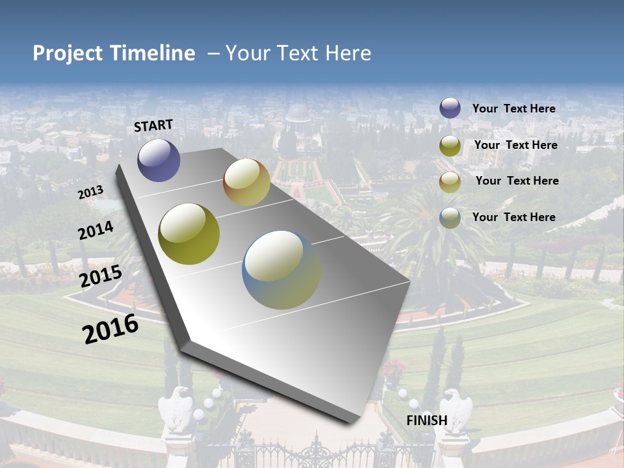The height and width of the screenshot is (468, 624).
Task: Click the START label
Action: (x=153, y=125)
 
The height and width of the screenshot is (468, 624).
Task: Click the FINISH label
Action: (x=426, y=421)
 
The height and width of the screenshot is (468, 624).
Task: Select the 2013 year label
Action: (x=90, y=192)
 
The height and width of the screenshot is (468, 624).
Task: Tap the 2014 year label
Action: (x=96, y=230)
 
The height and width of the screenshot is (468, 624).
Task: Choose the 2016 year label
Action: (x=110, y=329)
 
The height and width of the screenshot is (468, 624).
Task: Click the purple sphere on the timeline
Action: (x=159, y=161)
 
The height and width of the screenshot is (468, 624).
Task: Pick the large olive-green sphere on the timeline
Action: (x=189, y=234)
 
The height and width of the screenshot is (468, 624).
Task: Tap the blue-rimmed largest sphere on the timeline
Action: (x=281, y=270)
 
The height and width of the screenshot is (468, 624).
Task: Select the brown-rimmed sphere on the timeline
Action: (x=246, y=182)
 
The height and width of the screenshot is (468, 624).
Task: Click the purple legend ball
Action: (x=450, y=108)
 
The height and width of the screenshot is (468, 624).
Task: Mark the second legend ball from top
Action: (x=450, y=146)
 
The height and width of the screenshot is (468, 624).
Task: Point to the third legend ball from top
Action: (x=450, y=182)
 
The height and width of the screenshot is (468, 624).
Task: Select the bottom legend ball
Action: (x=450, y=218)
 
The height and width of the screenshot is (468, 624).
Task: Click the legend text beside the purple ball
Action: (x=513, y=109)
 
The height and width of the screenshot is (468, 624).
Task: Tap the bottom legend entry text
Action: (x=513, y=217)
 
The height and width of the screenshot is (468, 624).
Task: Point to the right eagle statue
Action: (x=458, y=409)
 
